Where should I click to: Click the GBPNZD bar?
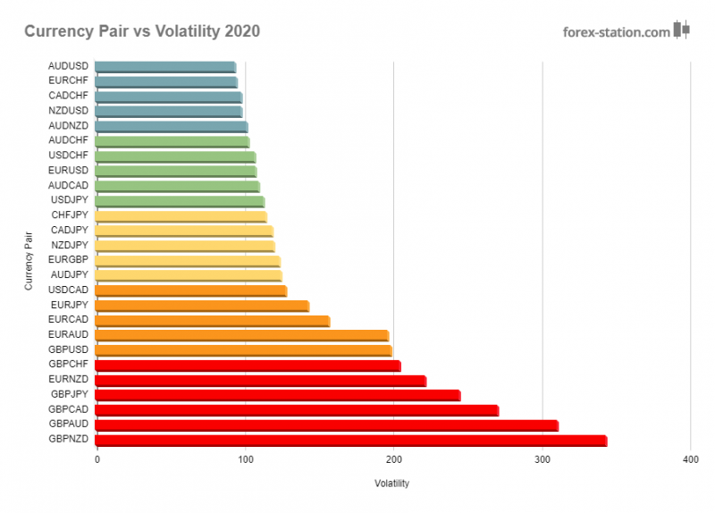pyautogui.click(x=350, y=440)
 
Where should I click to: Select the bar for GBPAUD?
pyautogui.click(x=326, y=425)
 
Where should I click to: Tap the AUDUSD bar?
pyautogui.click(x=165, y=66)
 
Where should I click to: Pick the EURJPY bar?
pyautogui.click(x=201, y=306)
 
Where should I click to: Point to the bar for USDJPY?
pyautogui.click(x=179, y=201)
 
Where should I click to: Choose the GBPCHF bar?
pyautogui.click(x=248, y=365)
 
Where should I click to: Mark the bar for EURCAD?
pyautogui.click(x=212, y=321)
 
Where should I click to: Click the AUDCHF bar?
pyautogui.click(x=172, y=141)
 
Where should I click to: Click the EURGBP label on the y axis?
pyautogui.click(x=68, y=260)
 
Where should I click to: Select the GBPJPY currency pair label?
pyautogui.click(x=68, y=394)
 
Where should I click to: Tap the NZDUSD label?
pyautogui.click(x=68, y=111)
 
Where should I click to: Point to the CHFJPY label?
pyautogui.click(x=69, y=215)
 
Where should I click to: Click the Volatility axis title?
pyautogui.click(x=392, y=484)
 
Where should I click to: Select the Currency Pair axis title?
pyautogui.click(x=29, y=260)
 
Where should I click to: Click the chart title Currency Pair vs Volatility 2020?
pyautogui.click(x=142, y=32)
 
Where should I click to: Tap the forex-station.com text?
pyautogui.click(x=616, y=32)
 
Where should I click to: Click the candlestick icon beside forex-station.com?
pyautogui.click(x=682, y=29)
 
